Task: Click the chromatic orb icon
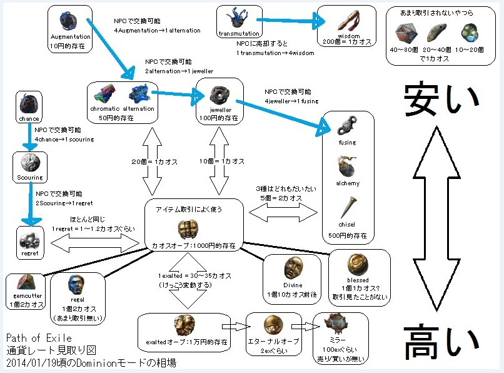pos(105,95)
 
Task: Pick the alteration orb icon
pos(138,95)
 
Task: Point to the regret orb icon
pos(29,238)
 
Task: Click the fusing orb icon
pos(346,127)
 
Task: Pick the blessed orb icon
pos(358,263)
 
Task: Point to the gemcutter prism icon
pos(26,282)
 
